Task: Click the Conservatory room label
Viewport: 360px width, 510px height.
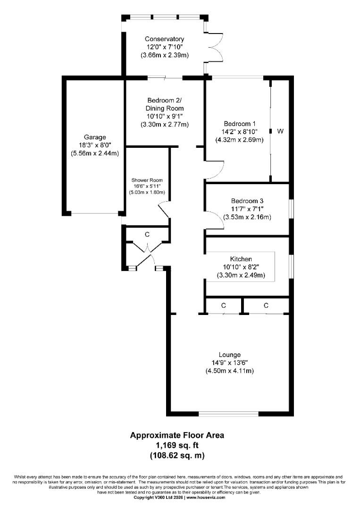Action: click(164, 39)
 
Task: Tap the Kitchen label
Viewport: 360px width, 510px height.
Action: click(241, 259)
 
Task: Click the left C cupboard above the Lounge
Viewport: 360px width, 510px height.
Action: click(223, 306)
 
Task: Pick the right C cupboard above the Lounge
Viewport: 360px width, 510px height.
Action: click(266, 306)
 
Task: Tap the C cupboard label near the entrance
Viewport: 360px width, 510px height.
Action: click(147, 234)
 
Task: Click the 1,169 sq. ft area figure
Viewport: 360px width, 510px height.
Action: click(177, 445)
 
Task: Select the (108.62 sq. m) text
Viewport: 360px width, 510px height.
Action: click(177, 455)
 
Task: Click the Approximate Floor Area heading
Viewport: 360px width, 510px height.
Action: click(177, 435)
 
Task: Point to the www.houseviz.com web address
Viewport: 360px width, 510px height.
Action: click(206, 497)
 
